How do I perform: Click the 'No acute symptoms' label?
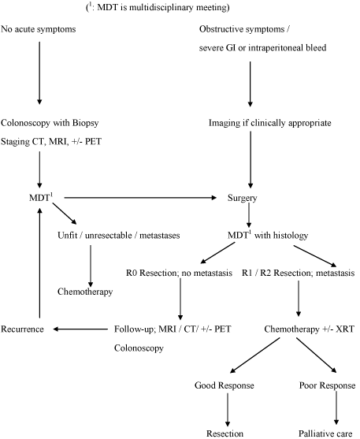[39, 29]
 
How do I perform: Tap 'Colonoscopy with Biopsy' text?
[50, 123]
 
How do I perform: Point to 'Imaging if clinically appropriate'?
[270, 123]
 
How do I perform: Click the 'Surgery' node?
[243, 198]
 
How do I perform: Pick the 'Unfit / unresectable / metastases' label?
[119, 235]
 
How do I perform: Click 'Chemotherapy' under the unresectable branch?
[85, 292]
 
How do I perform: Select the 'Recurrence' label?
[22, 329]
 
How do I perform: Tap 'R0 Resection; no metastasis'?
[179, 273]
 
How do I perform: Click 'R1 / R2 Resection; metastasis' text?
[299, 273]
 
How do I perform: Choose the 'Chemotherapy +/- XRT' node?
[310, 329]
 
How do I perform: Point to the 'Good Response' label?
[225, 385]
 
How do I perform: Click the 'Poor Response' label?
[327, 385]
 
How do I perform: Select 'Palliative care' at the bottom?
[325, 433]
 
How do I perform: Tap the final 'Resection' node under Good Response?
[225, 433]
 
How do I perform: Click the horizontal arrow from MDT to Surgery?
[140, 198]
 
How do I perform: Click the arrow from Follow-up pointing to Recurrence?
[80, 329]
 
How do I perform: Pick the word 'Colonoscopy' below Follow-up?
[139, 348]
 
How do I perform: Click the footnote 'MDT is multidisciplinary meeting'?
[162, 8]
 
